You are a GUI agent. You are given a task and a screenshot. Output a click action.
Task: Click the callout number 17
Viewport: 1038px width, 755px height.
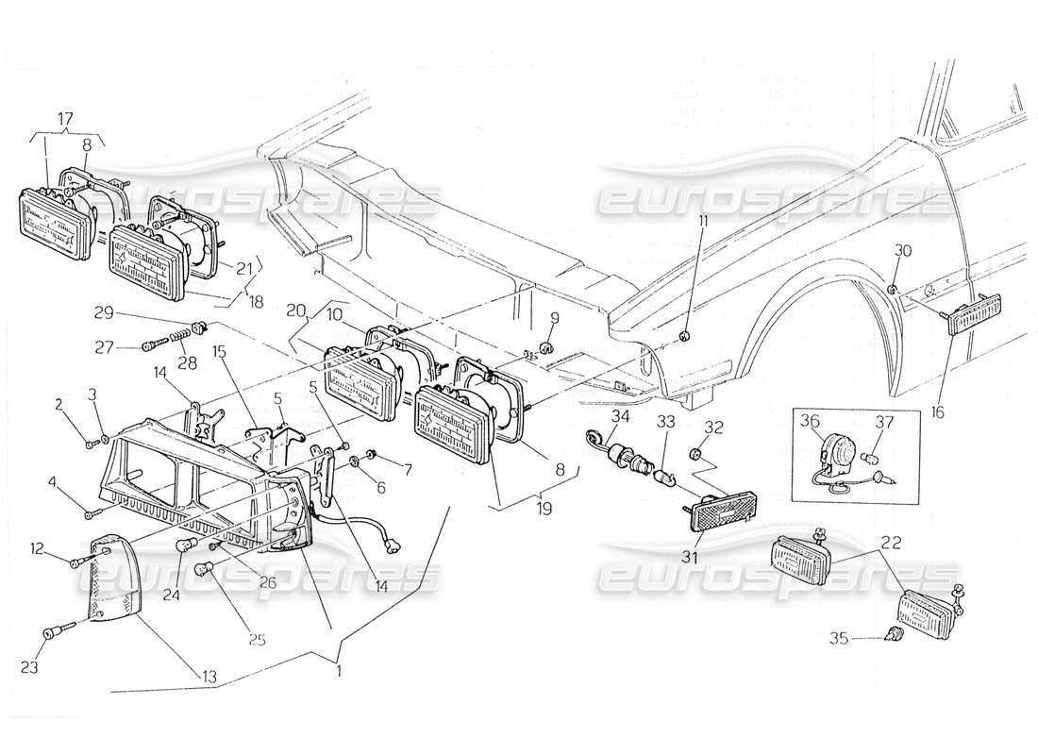pyautogui.click(x=66, y=120)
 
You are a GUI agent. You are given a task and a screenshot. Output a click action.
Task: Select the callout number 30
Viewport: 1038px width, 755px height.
pyautogui.click(x=903, y=251)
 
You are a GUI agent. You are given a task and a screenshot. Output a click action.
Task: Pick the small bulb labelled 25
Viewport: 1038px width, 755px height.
pyautogui.click(x=202, y=568)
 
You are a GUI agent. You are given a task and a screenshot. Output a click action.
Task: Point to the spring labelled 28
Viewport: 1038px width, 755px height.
pyautogui.click(x=176, y=338)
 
